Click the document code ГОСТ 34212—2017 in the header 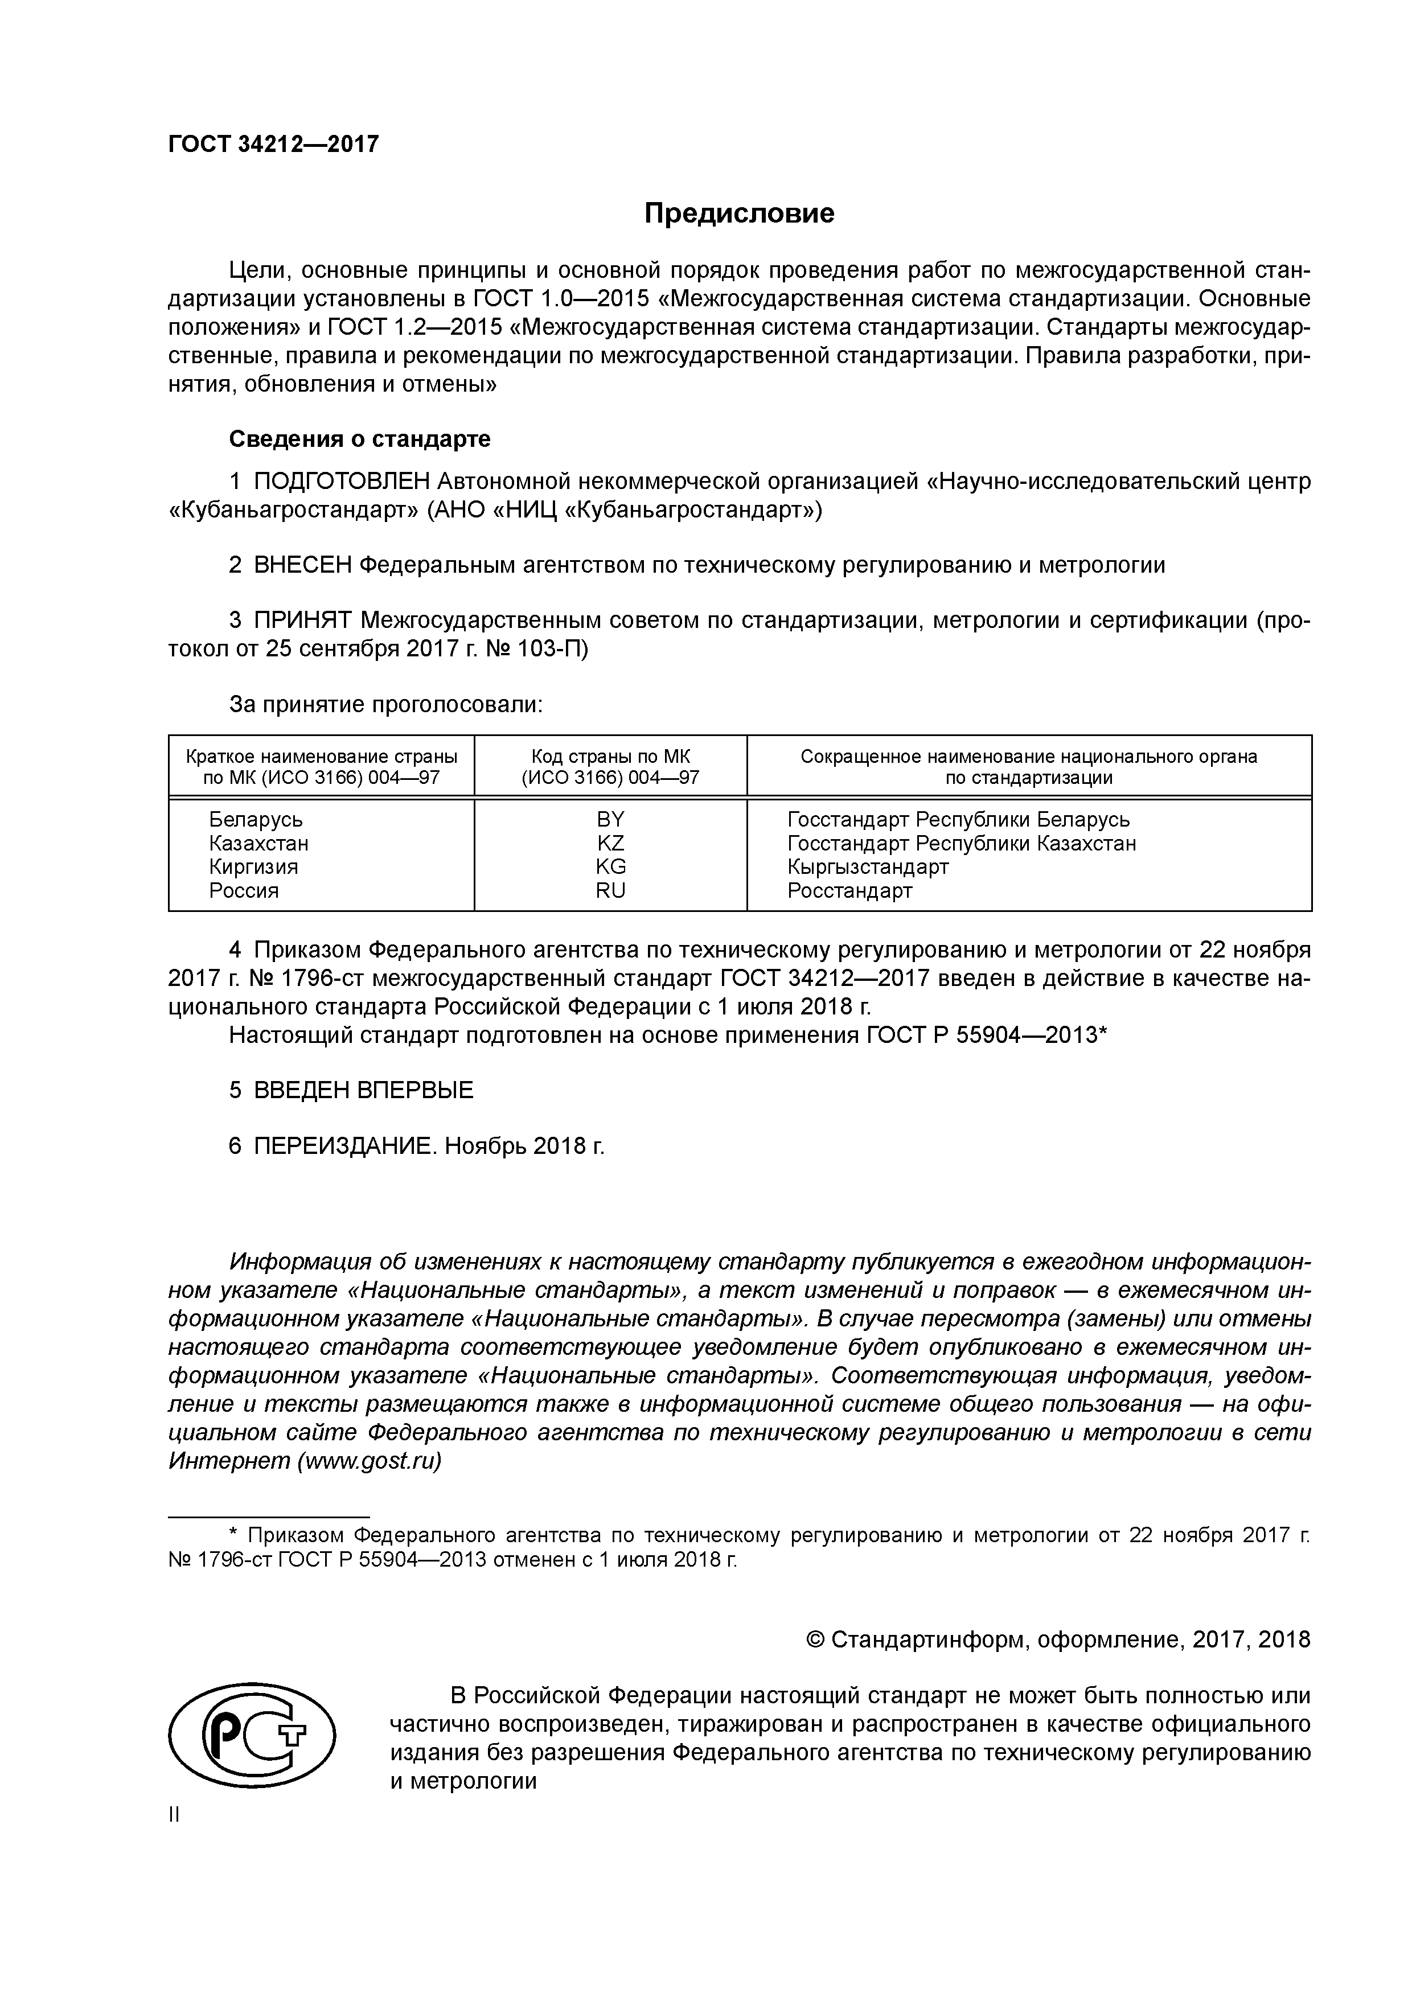click(273, 143)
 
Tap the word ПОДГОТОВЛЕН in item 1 click(342, 481)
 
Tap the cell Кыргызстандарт click(867, 866)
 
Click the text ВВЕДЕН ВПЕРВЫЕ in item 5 click(364, 1090)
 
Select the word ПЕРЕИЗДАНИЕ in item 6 click(343, 1147)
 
